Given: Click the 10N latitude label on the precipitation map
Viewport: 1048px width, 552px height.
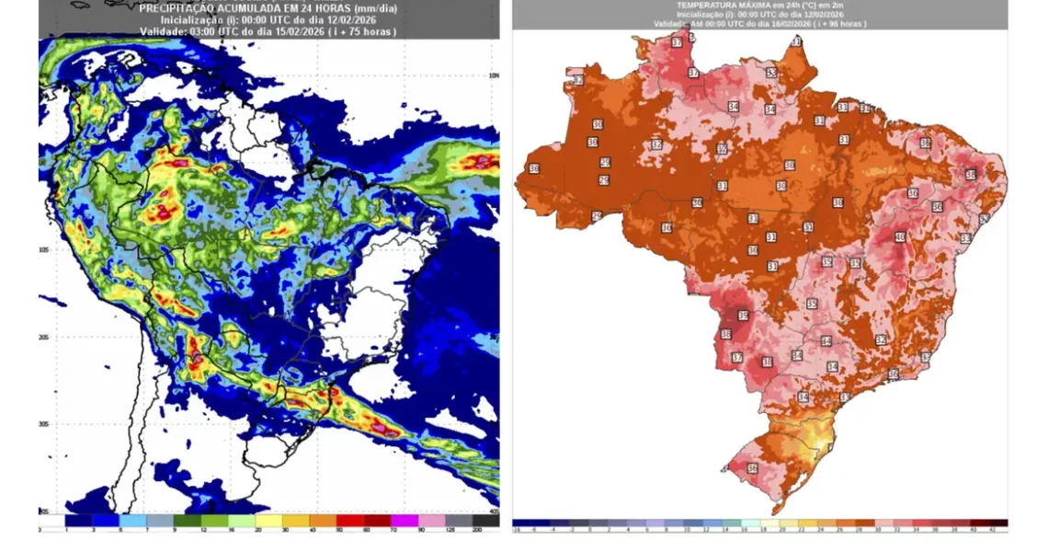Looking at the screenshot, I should [493, 75].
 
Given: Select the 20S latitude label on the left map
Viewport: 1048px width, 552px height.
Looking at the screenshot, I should [44, 338].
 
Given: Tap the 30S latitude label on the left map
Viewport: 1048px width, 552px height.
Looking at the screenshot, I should [44, 424].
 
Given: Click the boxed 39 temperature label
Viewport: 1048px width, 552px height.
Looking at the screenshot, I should [743, 315].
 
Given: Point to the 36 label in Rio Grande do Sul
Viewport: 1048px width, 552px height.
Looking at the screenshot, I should [753, 468].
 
